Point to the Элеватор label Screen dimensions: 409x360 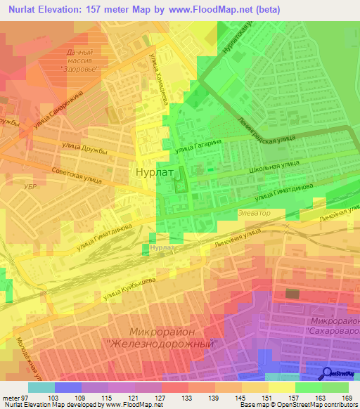click(255, 212)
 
